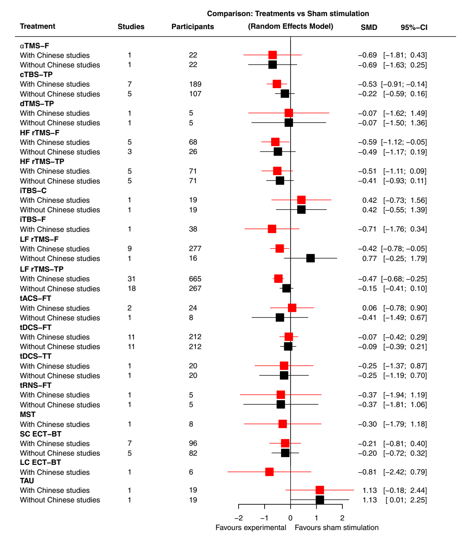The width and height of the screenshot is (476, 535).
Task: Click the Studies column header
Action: [x=131, y=27]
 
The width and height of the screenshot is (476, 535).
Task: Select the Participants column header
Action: [x=193, y=27]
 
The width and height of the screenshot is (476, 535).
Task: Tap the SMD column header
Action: [x=369, y=27]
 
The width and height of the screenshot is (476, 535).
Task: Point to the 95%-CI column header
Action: [x=414, y=27]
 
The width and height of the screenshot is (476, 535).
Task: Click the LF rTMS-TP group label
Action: [x=42, y=269]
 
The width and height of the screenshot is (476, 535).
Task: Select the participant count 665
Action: [x=195, y=279]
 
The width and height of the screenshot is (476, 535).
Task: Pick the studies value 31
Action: [x=131, y=279]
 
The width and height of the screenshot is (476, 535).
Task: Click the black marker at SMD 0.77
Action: [x=311, y=258]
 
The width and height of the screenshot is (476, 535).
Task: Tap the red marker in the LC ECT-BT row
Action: [x=270, y=472]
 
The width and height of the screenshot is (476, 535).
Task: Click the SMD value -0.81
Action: [x=367, y=472]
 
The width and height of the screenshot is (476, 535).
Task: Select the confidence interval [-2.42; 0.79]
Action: [x=405, y=472]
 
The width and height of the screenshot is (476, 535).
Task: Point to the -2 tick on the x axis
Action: [x=239, y=518]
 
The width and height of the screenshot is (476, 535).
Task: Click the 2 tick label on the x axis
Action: [x=342, y=518]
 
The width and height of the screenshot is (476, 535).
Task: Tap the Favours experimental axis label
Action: [x=251, y=528]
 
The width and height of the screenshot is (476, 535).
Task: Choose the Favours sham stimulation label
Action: [x=337, y=528]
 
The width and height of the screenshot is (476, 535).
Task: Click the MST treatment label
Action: [x=28, y=415]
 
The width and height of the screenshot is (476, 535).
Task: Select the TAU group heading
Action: [x=27, y=481]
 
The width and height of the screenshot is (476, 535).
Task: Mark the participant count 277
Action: [x=195, y=249]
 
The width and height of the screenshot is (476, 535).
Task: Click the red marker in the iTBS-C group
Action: [x=301, y=200]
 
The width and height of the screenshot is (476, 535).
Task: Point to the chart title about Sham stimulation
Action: [x=288, y=14]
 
